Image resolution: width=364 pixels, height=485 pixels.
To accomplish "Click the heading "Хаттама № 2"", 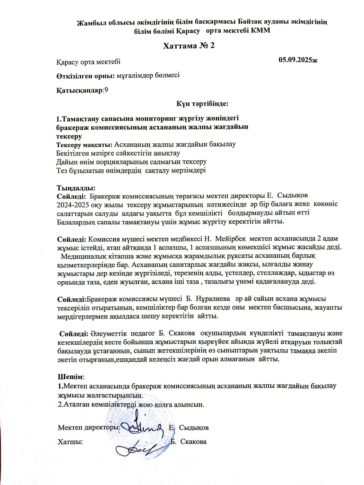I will click(x=189, y=46).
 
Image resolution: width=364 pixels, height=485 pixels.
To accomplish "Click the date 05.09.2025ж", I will click(x=298, y=60).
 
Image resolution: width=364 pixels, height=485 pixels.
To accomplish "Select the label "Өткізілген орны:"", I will click(x=86, y=76).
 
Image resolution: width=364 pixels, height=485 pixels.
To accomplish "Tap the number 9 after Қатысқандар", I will click(x=106, y=90).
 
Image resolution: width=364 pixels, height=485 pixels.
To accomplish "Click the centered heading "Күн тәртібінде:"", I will click(x=202, y=104).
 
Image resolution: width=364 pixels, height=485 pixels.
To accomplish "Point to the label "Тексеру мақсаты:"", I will click(x=84, y=145).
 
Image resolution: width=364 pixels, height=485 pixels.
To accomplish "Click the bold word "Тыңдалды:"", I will click(x=76, y=188).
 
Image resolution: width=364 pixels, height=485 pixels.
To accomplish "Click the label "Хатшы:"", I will click(x=70, y=442).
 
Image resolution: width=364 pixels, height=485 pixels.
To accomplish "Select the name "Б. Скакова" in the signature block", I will click(x=188, y=442).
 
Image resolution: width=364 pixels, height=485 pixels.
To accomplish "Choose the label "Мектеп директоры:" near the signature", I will click(x=89, y=428).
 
